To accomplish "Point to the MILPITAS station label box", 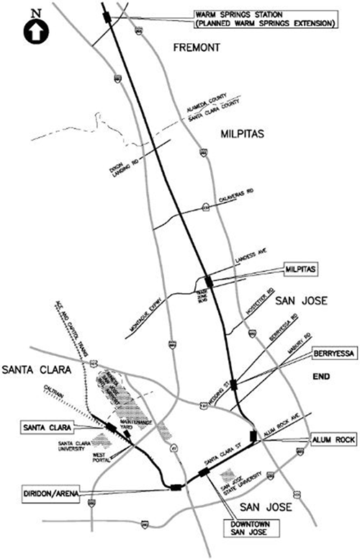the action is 301,267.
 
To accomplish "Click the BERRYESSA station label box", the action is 332,354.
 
